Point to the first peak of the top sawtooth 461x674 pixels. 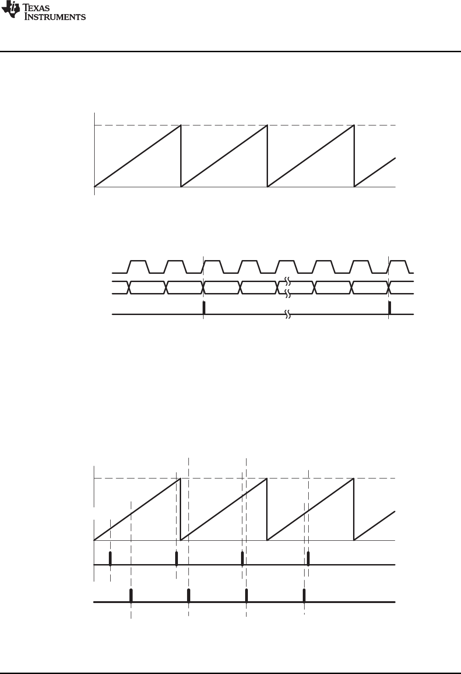point(181,125)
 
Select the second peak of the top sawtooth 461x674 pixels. point(266,125)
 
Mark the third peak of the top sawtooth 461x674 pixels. point(354,125)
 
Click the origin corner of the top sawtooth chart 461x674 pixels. point(94,187)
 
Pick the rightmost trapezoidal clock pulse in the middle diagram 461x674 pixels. point(398,266)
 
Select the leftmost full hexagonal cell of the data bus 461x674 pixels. point(147,287)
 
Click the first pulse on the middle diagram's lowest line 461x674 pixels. point(204,308)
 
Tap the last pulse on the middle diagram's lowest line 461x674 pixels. point(390,308)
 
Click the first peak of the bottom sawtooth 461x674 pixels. point(180,479)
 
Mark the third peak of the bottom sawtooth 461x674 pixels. point(354,479)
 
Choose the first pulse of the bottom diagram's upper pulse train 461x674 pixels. point(110,559)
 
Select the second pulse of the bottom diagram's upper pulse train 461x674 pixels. point(177,559)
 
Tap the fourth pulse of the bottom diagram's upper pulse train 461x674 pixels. point(308,559)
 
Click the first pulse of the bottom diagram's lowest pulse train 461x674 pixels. point(131,596)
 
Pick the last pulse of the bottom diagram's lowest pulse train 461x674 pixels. point(304,596)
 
